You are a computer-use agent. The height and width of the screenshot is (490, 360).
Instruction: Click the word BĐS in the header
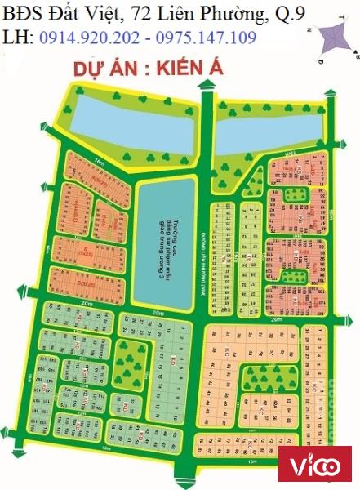(24, 13)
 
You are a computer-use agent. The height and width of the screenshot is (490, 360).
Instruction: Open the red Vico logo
(315, 466)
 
